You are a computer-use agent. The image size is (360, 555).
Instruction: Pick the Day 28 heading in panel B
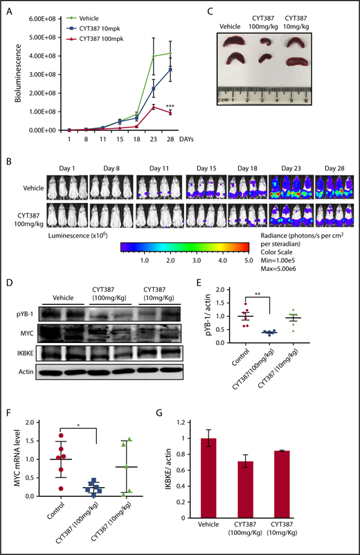coord(335,167)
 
